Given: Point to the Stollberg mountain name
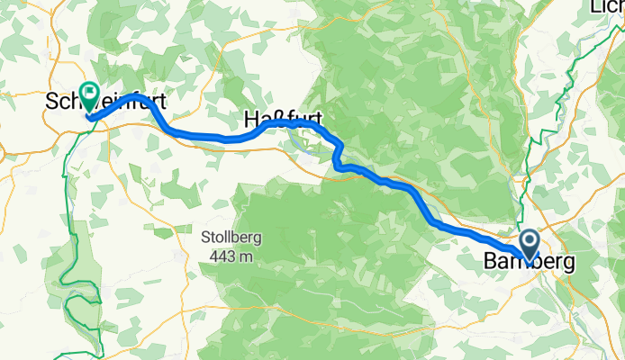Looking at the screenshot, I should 231,239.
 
